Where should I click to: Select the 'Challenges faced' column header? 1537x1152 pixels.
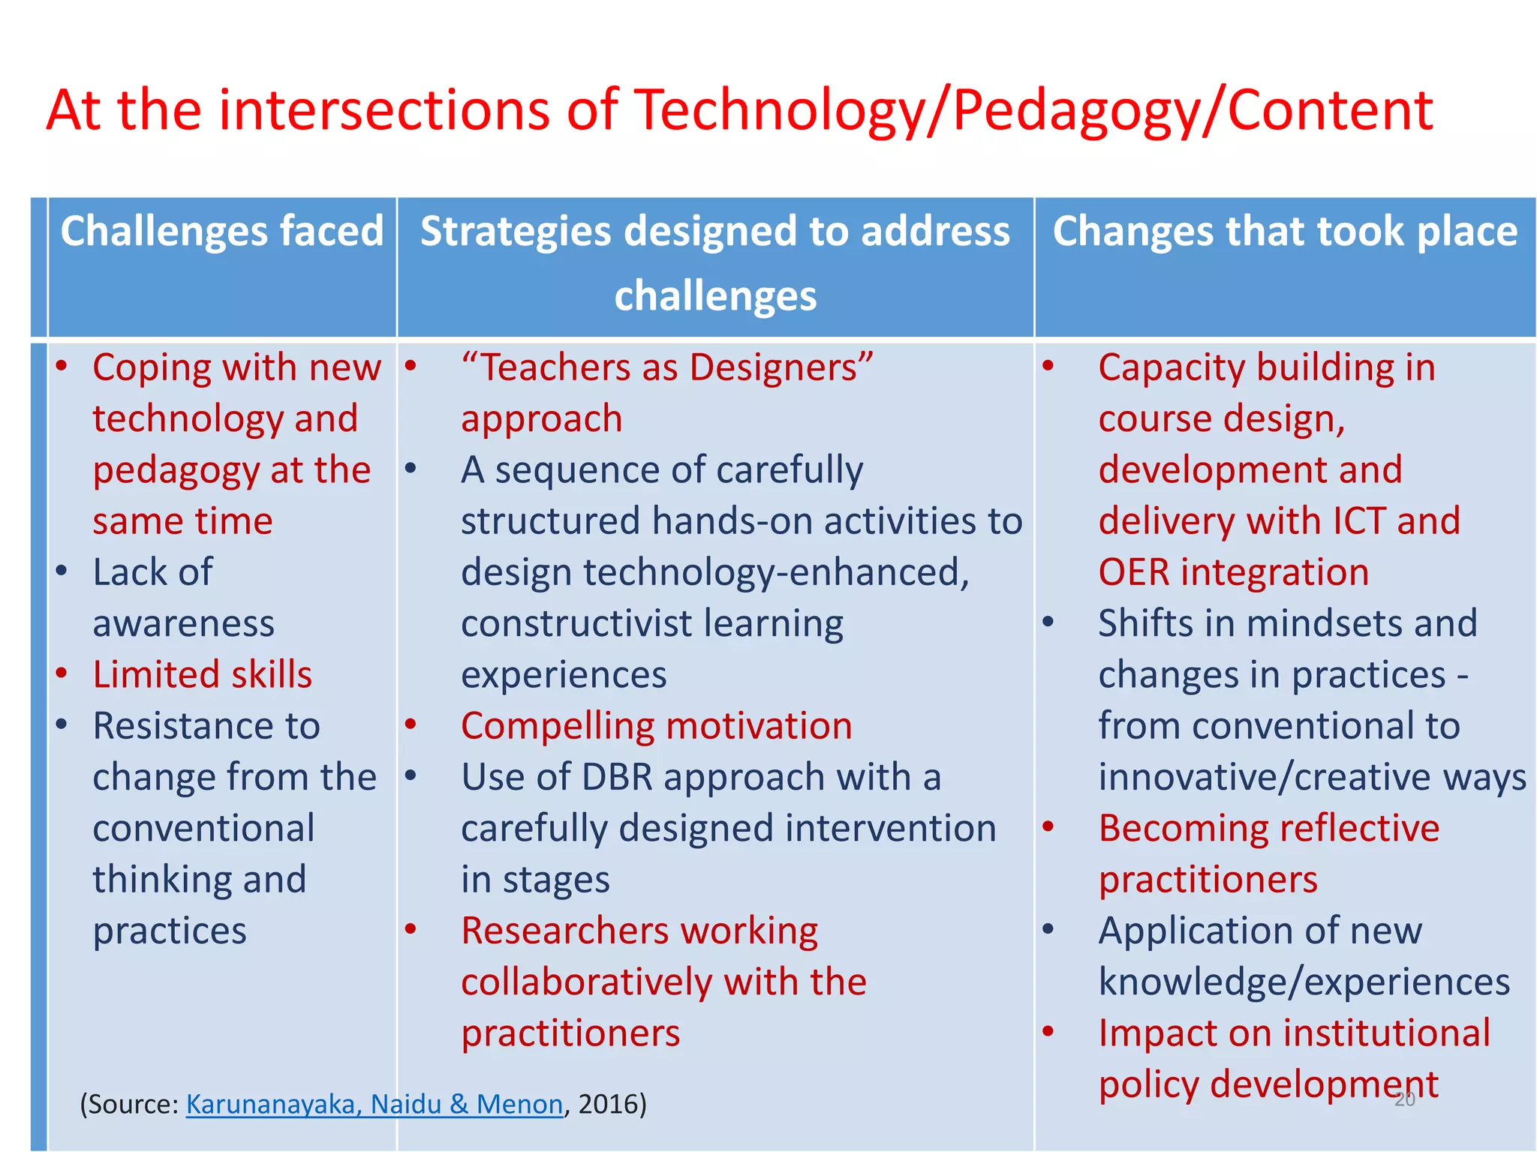point(221,231)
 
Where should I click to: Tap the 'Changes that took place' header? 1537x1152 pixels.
point(1285,231)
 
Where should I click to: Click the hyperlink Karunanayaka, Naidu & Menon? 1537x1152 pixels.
point(374,1104)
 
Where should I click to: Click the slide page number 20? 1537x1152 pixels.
point(1405,1100)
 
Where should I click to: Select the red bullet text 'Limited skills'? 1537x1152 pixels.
point(202,674)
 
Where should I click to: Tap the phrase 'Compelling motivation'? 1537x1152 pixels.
point(657,726)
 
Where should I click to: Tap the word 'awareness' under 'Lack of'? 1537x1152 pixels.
point(184,623)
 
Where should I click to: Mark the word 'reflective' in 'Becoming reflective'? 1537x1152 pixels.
point(1359,829)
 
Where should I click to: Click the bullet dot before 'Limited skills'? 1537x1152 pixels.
point(62,673)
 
